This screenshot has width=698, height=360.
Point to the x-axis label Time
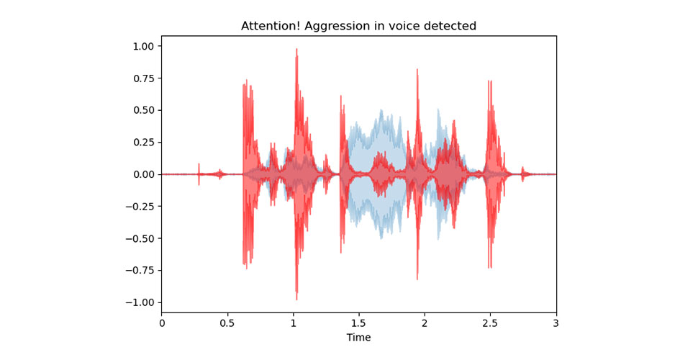(358, 337)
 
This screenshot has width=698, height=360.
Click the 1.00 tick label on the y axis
(142, 46)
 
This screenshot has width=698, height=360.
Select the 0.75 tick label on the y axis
(142, 78)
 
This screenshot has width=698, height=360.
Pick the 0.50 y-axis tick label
(142, 110)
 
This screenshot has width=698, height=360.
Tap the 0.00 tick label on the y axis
(142, 174)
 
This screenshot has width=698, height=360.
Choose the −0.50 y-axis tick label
(140, 238)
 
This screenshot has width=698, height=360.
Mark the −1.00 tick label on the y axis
(140, 302)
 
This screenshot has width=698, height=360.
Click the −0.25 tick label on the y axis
(140, 207)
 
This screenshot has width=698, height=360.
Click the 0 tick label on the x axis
(161, 323)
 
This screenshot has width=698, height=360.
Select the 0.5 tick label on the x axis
(227, 323)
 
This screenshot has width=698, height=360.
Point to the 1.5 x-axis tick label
(358, 323)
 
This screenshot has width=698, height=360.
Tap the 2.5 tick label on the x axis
(490, 323)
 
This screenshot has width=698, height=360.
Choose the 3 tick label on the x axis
(556, 323)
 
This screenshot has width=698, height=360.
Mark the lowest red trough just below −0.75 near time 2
(417, 278)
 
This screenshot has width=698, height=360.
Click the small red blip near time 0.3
(199, 166)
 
